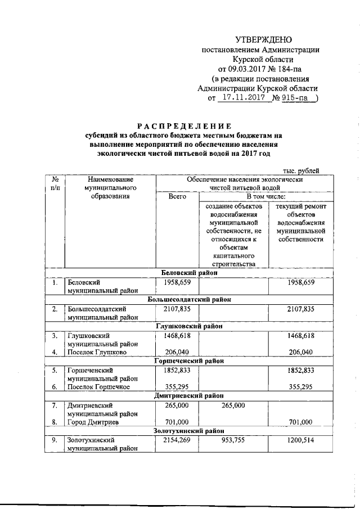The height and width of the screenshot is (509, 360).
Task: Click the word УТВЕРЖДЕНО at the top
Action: point(263,40)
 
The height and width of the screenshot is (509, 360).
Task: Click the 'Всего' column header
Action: point(177,197)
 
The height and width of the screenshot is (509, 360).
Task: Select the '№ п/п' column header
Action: point(55,183)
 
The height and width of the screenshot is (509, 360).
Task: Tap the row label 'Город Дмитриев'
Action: point(93,422)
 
